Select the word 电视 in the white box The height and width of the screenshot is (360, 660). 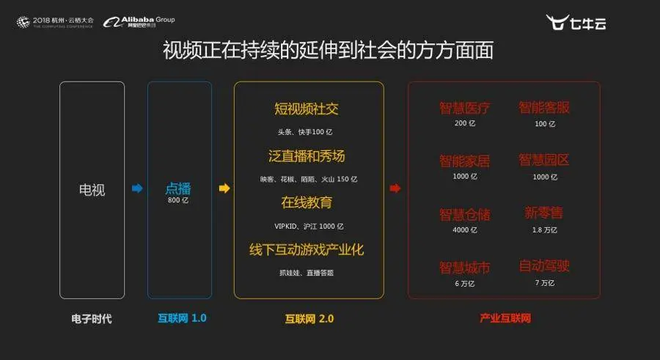point(92,190)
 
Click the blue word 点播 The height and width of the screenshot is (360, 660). point(178,188)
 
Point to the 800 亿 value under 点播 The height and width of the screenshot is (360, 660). point(178,200)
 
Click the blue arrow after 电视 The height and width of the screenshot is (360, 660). point(136,189)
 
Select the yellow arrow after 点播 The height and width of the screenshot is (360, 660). point(224,189)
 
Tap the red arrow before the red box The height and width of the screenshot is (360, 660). point(395,189)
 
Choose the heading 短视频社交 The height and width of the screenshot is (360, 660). point(307,110)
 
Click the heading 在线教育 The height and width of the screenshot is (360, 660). point(307,202)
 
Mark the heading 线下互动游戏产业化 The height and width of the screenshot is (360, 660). point(307,249)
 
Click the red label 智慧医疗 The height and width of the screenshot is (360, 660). point(464,109)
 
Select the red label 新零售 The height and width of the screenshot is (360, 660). point(543,213)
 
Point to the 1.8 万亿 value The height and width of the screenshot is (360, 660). point(543,230)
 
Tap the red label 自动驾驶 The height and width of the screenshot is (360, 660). point(543,266)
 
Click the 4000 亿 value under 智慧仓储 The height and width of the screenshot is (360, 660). point(464,230)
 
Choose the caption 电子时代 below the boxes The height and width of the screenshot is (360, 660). point(92,319)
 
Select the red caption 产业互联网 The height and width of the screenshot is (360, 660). point(505,319)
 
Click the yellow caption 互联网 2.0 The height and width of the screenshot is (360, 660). point(308,319)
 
